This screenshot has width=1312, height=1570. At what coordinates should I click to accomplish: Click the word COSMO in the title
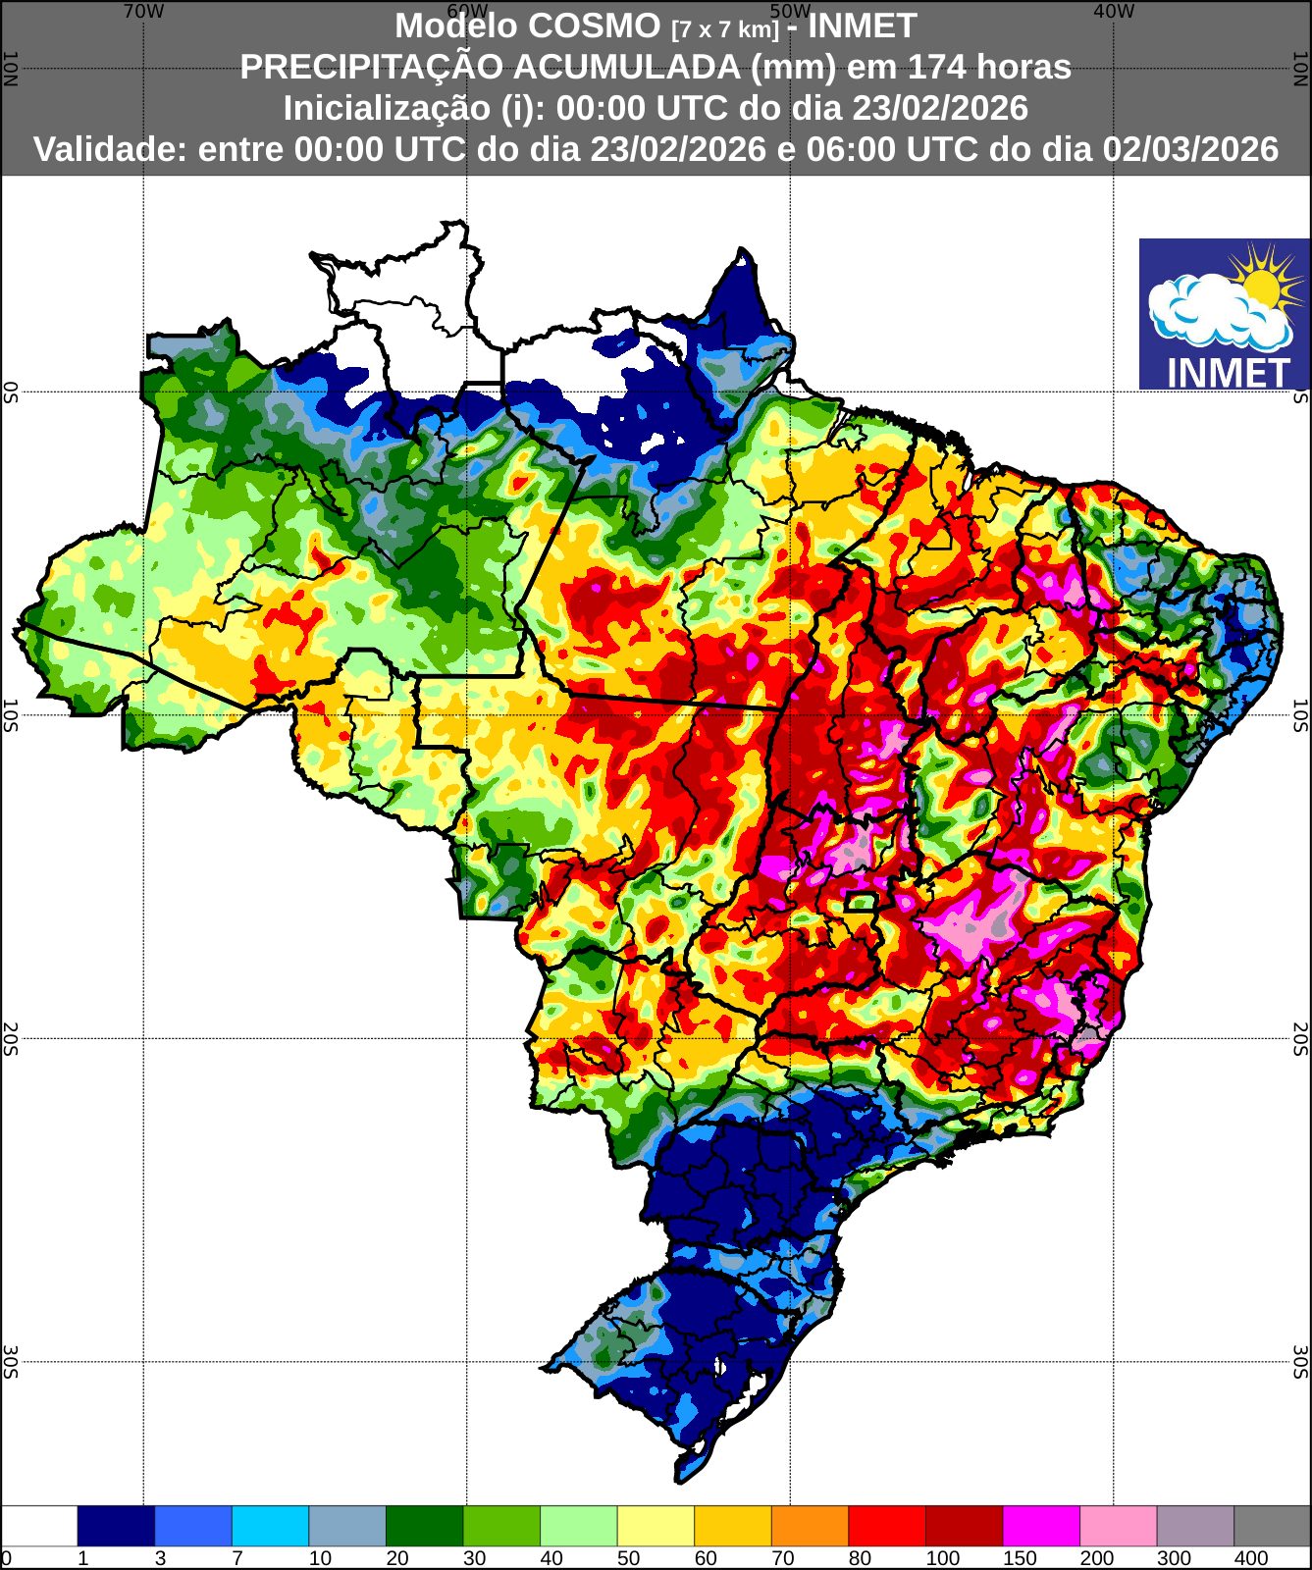(607, 26)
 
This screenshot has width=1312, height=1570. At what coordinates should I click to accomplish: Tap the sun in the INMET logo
(1261, 286)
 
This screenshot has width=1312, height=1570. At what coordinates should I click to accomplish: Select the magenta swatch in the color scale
(1040, 1526)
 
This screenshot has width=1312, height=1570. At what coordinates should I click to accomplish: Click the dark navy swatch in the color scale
(116, 1526)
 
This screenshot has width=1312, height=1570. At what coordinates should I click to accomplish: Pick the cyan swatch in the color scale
(270, 1526)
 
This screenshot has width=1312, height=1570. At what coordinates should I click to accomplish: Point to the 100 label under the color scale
(943, 1558)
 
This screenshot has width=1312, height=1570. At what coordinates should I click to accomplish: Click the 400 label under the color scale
(1251, 1558)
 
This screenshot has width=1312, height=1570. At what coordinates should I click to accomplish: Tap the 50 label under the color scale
(628, 1558)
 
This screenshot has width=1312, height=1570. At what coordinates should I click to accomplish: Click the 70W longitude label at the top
(143, 11)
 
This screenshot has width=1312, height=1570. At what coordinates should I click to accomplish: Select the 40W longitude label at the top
(1113, 11)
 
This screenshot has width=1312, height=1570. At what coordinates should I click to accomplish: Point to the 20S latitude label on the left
(10, 1038)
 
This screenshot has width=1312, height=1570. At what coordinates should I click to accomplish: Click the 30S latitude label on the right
(1300, 1362)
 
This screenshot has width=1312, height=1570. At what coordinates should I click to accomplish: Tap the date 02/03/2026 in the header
(1190, 149)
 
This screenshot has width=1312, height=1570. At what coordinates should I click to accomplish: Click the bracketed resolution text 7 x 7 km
(725, 29)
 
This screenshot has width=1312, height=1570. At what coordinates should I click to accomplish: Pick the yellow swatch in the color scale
(656, 1526)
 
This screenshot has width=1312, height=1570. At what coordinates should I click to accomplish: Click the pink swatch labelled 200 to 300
(1118, 1526)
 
